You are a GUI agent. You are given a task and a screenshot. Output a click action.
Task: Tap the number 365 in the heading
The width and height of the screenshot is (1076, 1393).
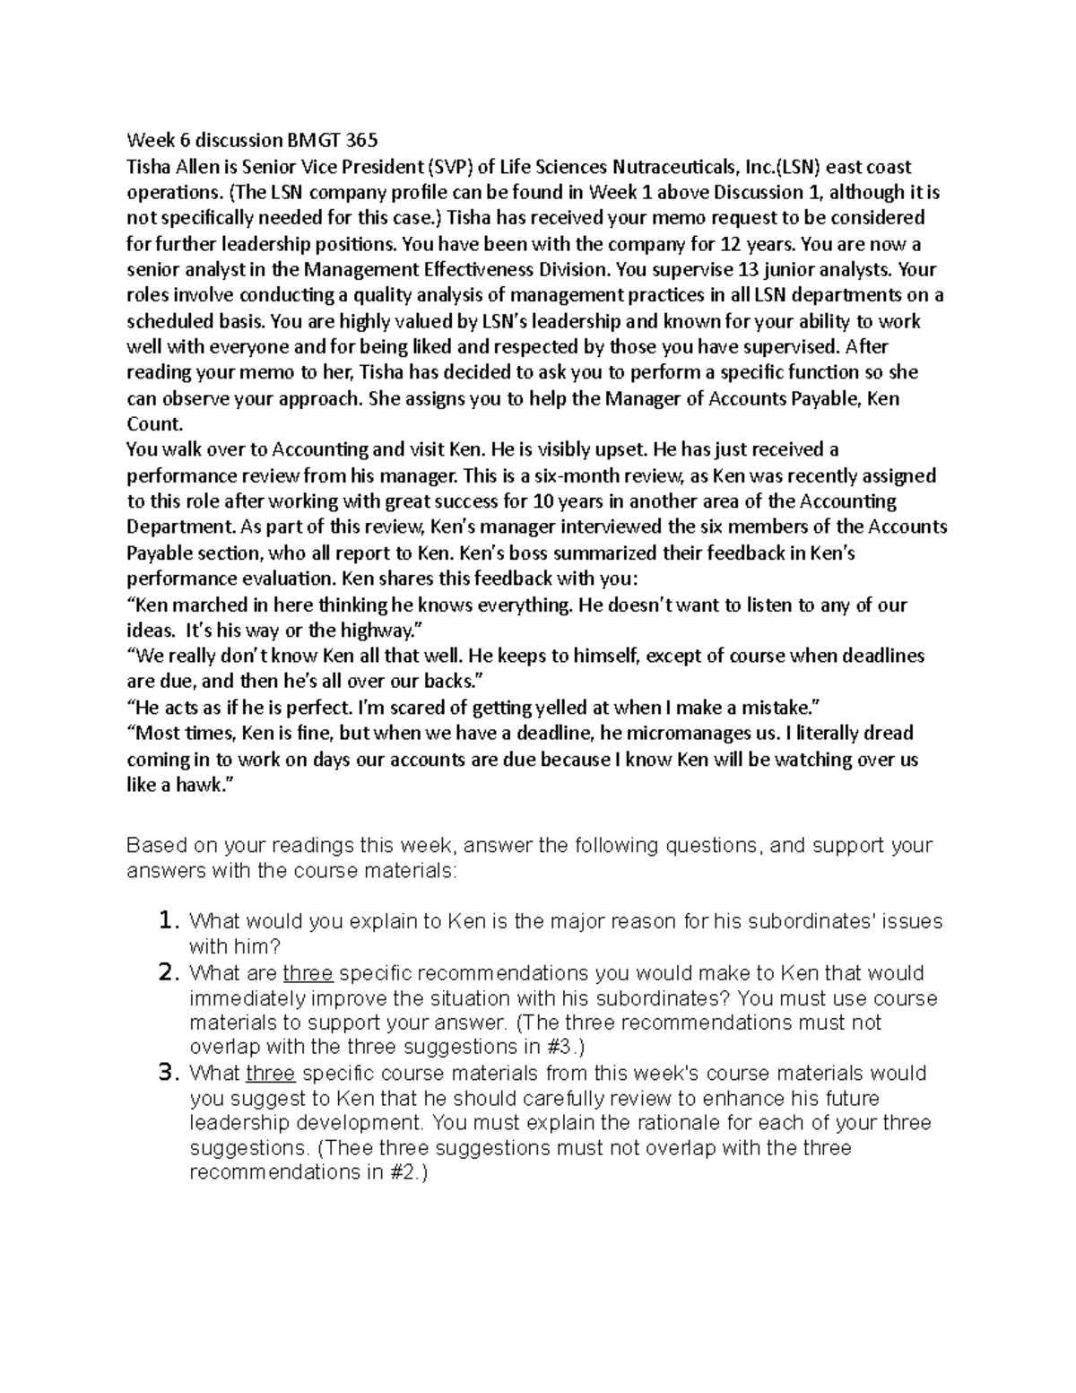[x=360, y=140]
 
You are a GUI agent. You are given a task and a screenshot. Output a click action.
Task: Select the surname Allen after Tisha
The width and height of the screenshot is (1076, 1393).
[x=191, y=166]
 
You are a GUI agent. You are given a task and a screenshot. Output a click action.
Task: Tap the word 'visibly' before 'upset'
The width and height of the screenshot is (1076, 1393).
[x=553, y=449]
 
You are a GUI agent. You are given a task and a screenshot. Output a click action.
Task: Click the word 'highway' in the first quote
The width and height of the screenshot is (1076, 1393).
[x=382, y=631]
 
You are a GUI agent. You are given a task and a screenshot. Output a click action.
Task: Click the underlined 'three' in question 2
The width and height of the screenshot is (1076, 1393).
[x=308, y=973]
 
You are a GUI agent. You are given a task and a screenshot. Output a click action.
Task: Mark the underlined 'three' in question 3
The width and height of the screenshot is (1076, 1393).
[x=270, y=1074]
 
